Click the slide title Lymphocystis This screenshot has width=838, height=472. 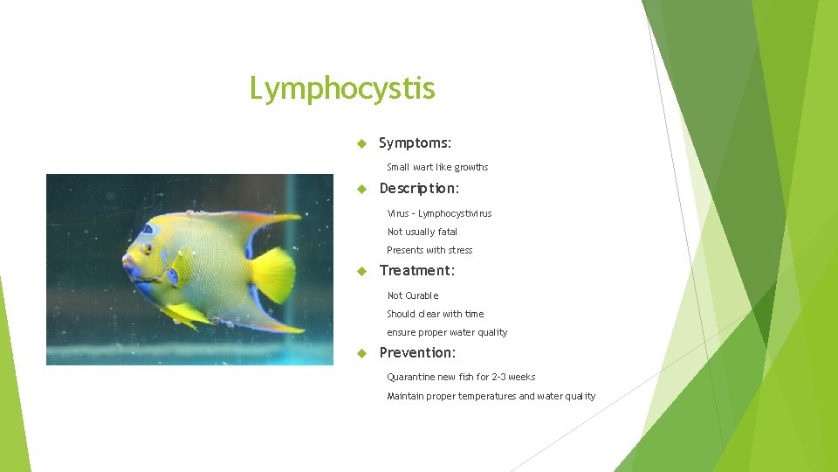click(x=342, y=89)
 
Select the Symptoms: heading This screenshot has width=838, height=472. click(x=415, y=142)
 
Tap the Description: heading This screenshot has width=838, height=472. click(x=419, y=189)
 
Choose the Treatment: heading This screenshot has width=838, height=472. click(x=416, y=271)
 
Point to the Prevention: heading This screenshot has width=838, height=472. click(x=417, y=353)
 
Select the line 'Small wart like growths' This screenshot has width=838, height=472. click(x=437, y=167)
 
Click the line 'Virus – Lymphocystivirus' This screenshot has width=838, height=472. click(x=439, y=213)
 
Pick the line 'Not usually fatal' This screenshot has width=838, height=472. click(x=422, y=232)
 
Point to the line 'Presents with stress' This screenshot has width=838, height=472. click(x=429, y=250)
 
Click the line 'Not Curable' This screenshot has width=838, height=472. click(x=412, y=295)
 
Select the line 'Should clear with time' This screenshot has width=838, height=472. click(x=435, y=314)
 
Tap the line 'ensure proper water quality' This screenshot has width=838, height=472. click(x=446, y=332)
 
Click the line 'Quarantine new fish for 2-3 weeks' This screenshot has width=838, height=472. click(x=461, y=377)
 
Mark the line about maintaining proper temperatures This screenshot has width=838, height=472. click(x=491, y=396)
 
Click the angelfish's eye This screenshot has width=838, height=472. click(x=146, y=249)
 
